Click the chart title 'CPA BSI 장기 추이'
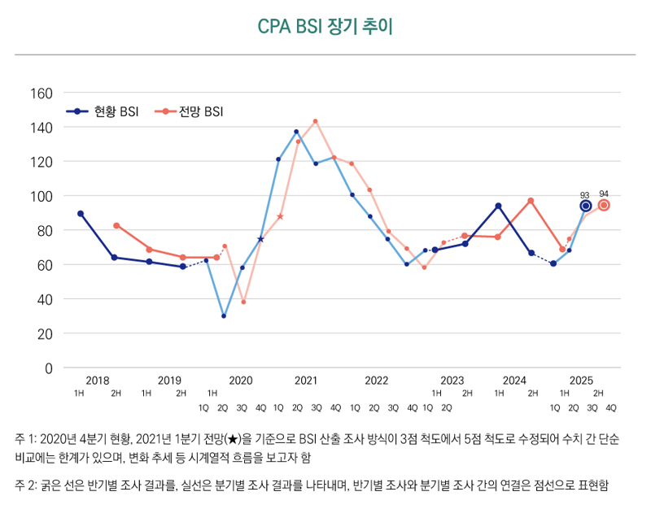click(x=325, y=26)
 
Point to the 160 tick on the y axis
click(x=41, y=93)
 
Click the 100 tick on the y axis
click(x=41, y=196)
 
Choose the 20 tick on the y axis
click(x=44, y=333)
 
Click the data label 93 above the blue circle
click(x=584, y=195)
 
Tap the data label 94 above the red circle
click(x=604, y=194)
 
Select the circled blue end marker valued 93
click(x=586, y=206)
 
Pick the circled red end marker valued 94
click(x=604, y=205)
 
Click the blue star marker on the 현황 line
click(x=260, y=239)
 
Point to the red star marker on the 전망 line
click(x=280, y=216)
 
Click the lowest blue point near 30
click(x=224, y=316)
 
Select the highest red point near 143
click(x=316, y=122)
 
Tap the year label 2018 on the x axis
click(x=97, y=380)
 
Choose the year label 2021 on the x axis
click(x=306, y=380)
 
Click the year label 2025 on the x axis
click(x=581, y=380)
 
